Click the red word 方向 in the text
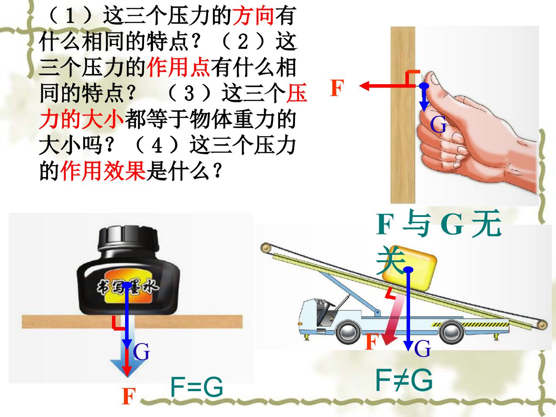(253, 16)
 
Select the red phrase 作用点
(178, 67)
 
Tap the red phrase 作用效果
(103, 171)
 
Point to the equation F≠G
(404, 380)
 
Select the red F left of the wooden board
(337, 88)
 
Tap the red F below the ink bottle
(129, 396)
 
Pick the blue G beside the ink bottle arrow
(141, 352)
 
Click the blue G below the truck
(422, 348)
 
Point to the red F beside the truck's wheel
(372, 342)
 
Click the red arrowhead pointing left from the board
(365, 86)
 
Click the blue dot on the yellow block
(408, 270)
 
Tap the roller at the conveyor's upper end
(266, 247)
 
